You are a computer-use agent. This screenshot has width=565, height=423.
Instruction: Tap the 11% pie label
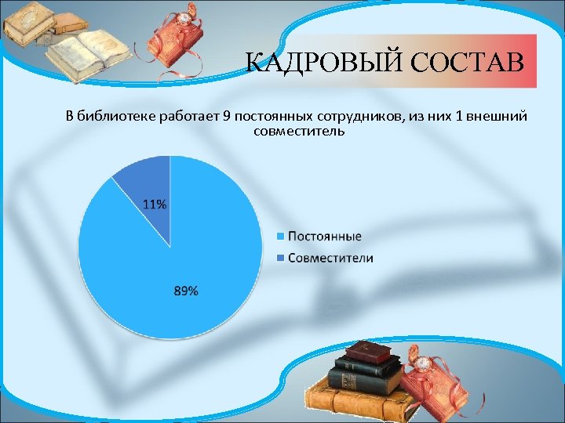[x=154, y=204]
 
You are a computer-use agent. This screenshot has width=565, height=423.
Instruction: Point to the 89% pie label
[x=186, y=291]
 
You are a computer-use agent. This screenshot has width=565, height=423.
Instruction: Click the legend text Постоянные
[x=324, y=236]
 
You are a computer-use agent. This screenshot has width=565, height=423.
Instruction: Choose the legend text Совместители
[x=330, y=258]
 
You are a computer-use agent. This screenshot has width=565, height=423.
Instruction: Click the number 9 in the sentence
[x=226, y=117]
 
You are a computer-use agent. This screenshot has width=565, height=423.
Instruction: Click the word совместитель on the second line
[x=299, y=131]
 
